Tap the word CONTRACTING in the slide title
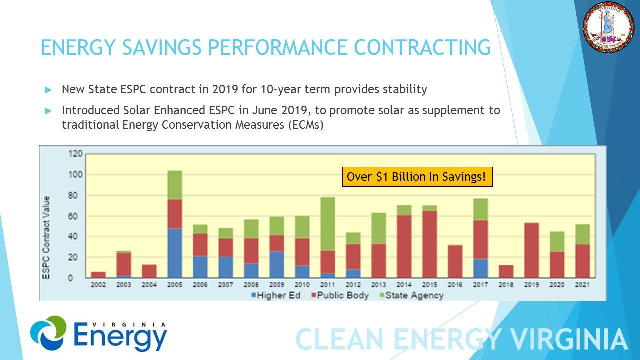tap(422, 47)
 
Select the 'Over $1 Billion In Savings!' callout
tap(417, 177)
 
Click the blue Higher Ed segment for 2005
tap(175, 253)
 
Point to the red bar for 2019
tap(531, 250)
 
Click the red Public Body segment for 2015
tap(430, 244)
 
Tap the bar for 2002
tap(98, 275)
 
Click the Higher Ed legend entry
tap(276, 295)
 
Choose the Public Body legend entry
tap(340, 295)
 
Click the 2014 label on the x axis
tap(404, 284)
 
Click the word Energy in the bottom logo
tap(121, 337)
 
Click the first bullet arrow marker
tap(48, 90)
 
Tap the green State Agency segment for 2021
tap(582, 234)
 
